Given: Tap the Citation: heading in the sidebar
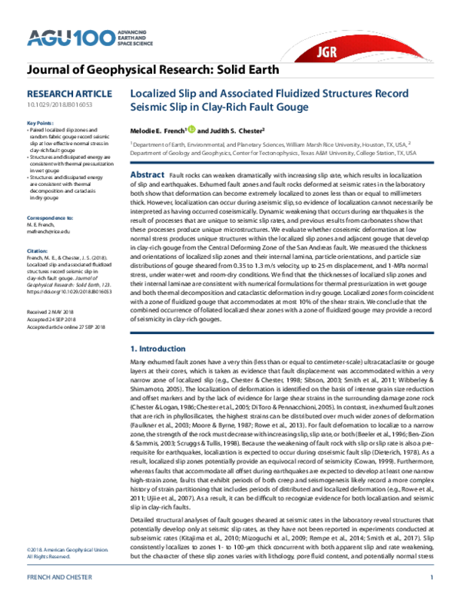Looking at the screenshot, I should click(x=38, y=229).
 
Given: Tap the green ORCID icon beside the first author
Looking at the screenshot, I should click(x=191, y=130).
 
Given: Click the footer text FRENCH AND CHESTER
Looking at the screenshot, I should click(x=56, y=578).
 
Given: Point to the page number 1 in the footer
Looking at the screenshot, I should click(x=433, y=578).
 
